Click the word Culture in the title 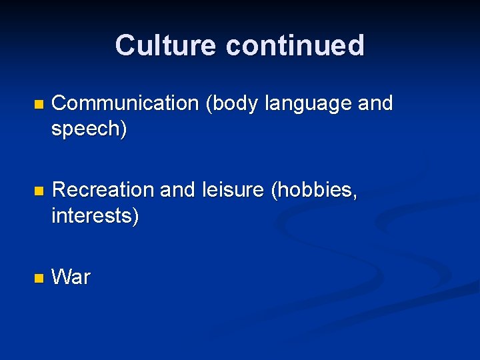coord(166,45)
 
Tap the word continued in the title coord(295,45)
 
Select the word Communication coord(125,103)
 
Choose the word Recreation coord(103,190)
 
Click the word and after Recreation coord(178,190)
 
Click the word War coord(71,277)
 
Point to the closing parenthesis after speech coord(123,130)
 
